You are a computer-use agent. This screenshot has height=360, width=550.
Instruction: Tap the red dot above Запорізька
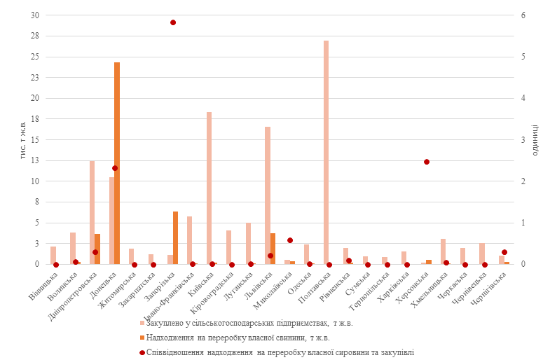coord(173,22)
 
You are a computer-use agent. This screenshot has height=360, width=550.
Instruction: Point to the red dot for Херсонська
coord(427,162)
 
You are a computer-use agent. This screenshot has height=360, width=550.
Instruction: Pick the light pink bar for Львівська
coord(268,195)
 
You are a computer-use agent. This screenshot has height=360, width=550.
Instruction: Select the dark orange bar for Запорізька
coord(176,237)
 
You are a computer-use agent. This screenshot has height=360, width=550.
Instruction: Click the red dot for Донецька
coord(115,168)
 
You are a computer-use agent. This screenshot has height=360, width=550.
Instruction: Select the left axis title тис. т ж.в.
coord(22,140)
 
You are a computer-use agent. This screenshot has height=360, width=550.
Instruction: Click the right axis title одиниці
coord(535,140)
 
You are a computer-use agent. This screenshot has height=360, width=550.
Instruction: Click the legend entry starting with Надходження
coord(238,338)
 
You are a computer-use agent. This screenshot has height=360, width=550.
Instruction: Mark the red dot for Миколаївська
coord(290,240)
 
